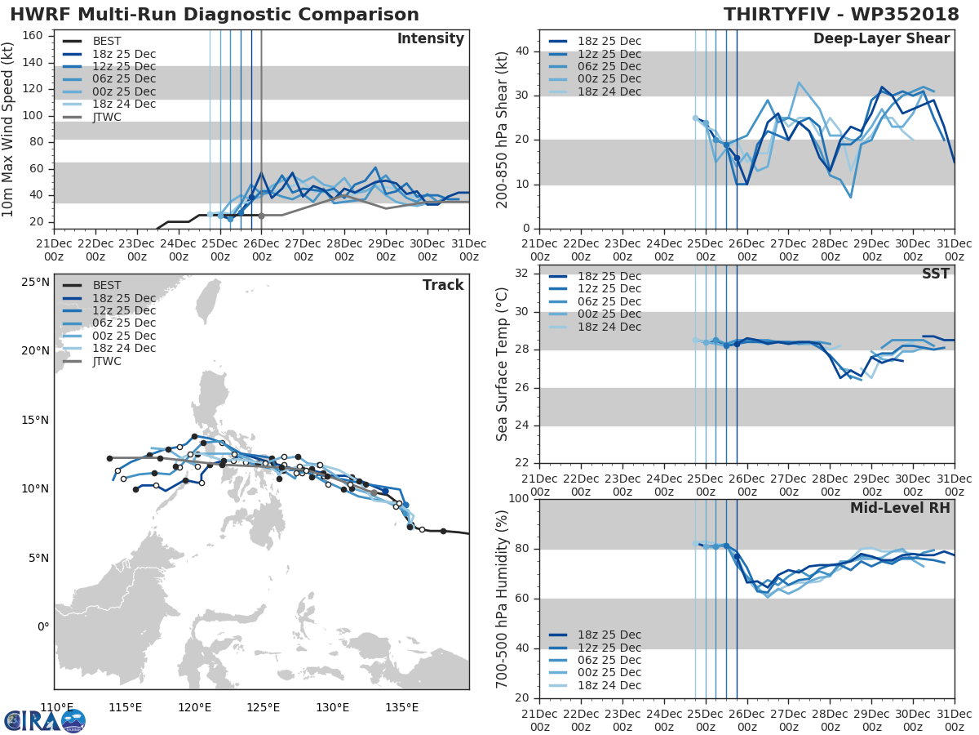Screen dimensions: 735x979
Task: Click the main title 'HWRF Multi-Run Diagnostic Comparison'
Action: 215,15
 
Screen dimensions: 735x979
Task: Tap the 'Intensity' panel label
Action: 430,39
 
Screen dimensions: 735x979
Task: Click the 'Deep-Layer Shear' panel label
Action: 881,39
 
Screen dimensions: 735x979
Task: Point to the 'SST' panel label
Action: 935,274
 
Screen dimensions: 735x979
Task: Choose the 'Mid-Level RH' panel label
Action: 900,508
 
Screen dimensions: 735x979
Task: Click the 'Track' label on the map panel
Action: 443,285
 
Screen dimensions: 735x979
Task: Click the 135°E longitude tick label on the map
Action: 401,707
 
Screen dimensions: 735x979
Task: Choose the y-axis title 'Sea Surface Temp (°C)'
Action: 503,363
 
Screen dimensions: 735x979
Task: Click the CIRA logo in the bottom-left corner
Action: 44,720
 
